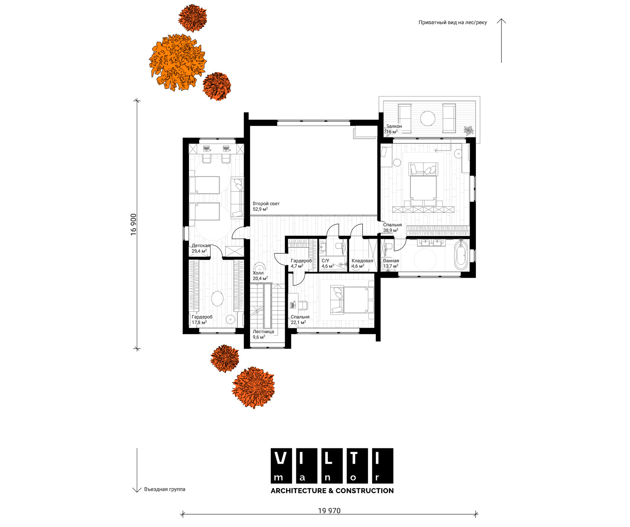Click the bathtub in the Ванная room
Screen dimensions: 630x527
coord(461,256)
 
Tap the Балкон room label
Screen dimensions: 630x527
coord(394,126)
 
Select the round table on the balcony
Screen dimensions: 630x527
coord(428,118)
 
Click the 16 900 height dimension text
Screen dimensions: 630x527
coord(134,224)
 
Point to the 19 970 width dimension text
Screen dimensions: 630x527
coord(329,510)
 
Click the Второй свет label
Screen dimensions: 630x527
coord(266,204)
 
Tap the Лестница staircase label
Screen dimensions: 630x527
coord(263,331)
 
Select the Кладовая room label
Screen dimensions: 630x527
coord(363,261)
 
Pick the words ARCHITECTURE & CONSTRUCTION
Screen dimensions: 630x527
coord(332,491)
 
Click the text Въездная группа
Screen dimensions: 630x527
coord(165,489)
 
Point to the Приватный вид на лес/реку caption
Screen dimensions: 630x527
coord(453,22)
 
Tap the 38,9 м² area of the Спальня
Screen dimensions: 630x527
coord(391,230)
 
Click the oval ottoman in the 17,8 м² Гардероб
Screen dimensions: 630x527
coord(217,298)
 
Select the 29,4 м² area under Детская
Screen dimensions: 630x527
coord(199,251)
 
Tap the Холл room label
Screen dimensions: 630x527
coord(258,273)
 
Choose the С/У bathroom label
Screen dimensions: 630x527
coord(325,261)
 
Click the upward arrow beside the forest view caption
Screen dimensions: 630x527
coord(501,41)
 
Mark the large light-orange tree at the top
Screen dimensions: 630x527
coord(178,62)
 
